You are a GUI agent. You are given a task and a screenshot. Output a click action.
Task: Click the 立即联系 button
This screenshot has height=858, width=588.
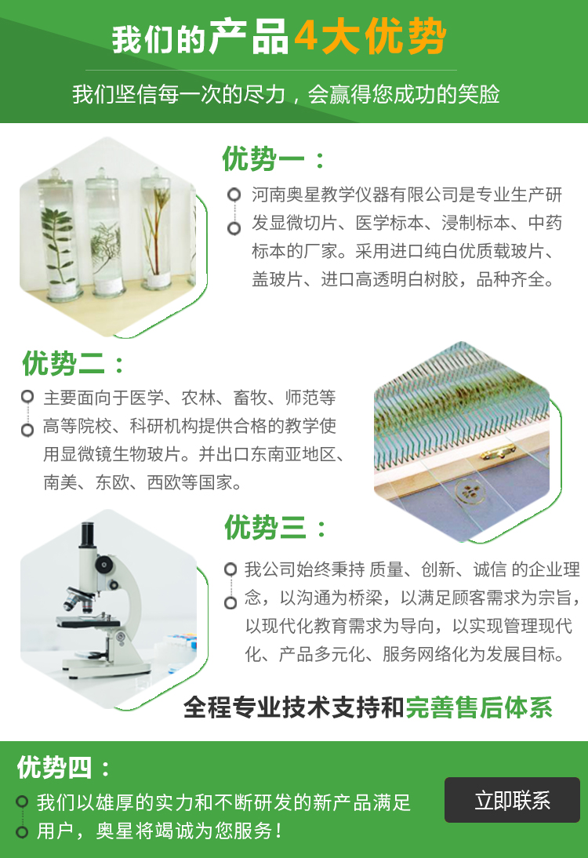click(512, 799)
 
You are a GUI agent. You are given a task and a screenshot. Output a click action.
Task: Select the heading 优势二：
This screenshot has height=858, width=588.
click(73, 363)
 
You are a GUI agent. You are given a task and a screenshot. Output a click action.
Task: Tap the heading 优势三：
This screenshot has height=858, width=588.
click(275, 528)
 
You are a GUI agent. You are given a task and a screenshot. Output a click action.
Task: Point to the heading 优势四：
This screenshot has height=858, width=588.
click(64, 767)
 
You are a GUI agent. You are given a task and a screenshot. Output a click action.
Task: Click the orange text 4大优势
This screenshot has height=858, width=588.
click(370, 37)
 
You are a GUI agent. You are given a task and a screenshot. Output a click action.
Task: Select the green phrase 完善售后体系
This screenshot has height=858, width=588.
click(479, 707)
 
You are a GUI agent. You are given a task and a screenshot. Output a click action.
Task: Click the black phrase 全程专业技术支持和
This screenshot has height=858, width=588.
click(294, 707)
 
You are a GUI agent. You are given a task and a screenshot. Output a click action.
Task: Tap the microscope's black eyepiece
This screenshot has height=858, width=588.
click(87, 535)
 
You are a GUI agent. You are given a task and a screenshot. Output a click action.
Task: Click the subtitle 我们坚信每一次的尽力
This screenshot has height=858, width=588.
click(179, 94)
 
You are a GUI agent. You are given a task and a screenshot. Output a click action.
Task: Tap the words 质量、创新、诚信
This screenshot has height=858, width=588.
click(437, 569)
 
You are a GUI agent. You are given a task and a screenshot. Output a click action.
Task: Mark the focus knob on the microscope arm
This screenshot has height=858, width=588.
click(103, 565)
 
